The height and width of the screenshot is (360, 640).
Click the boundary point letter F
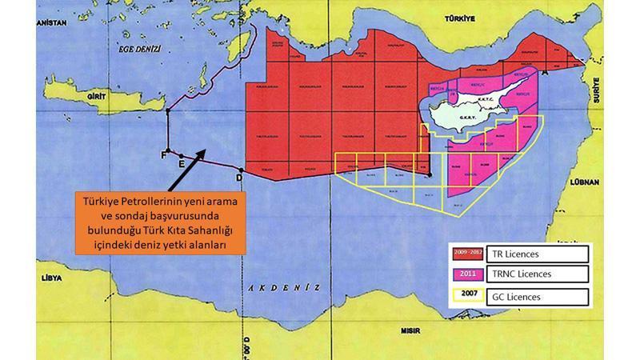(x=165, y=154)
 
